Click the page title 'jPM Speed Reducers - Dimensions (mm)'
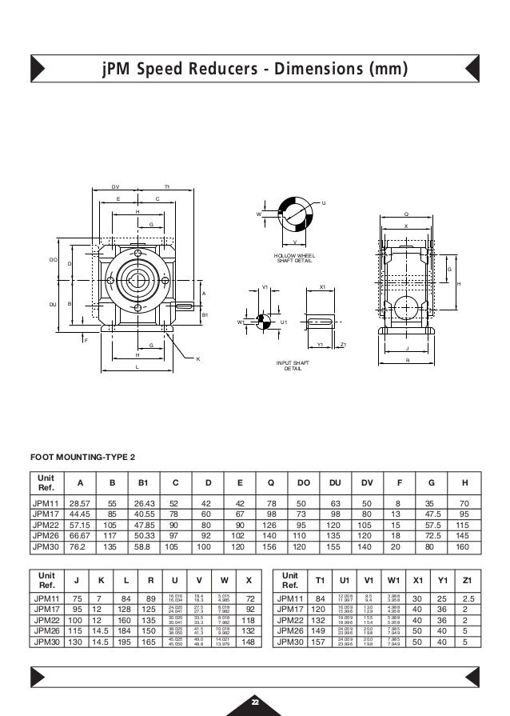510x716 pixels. [254, 70]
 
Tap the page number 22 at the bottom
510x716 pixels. [255, 702]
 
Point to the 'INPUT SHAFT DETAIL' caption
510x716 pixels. [293, 366]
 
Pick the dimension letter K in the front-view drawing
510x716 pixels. [197, 359]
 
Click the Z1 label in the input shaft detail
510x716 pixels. [343, 345]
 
